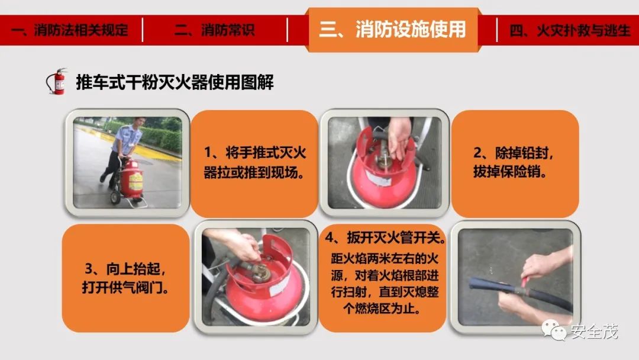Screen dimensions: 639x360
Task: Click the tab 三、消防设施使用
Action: pos(393,30)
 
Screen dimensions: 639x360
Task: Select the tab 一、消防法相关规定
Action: pos(70,30)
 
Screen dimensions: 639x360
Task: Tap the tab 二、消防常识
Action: pos(214,30)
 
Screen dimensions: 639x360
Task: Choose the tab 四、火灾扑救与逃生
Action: pos(570,30)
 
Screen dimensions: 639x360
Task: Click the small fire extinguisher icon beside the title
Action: pos(57,81)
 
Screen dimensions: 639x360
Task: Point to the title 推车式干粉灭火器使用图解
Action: pos(175,82)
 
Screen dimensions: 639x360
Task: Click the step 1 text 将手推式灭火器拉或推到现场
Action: pos(254,163)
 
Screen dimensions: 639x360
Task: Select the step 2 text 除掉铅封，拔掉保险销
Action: pos(513,162)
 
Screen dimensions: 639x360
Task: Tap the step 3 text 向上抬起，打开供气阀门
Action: pos(125,278)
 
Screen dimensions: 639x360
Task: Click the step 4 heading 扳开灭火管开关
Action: pos(385,237)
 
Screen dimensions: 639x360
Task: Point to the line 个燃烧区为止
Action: pos(382,308)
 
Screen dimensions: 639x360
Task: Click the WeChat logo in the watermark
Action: pos(553,329)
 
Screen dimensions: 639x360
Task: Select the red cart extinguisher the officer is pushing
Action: pos(132,180)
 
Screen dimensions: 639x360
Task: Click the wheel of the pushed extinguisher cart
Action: pos(115,197)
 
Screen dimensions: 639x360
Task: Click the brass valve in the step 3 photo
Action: pos(257,272)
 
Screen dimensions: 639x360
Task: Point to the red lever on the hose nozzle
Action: pos(525,281)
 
